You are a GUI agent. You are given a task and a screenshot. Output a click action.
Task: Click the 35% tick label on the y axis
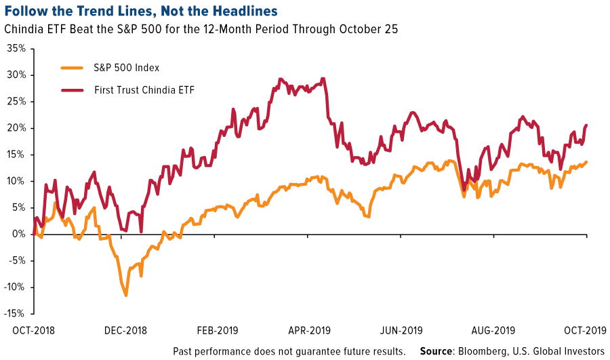click(15, 49)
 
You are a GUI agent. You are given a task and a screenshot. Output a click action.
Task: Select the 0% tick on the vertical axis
click(18, 235)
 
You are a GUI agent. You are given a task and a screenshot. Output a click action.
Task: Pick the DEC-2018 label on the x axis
click(126, 332)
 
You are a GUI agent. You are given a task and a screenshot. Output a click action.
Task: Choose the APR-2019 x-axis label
click(310, 332)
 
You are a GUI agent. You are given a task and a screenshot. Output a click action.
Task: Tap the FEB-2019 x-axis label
click(218, 332)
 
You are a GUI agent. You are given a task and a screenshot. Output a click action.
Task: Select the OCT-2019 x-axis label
click(584, 332)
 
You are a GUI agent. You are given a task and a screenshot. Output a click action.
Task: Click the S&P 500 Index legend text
click(127, 68)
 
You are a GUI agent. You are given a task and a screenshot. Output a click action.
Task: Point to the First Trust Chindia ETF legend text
click(144, 89)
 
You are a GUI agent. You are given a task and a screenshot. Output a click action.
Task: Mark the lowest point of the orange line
click(126, 296)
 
